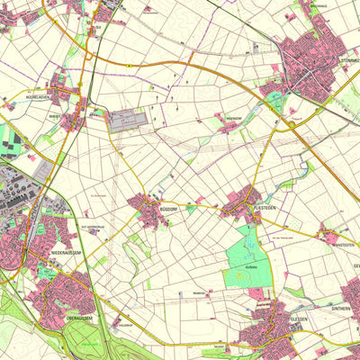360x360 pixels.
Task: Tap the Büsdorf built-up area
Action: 147,210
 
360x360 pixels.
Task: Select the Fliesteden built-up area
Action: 246,205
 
